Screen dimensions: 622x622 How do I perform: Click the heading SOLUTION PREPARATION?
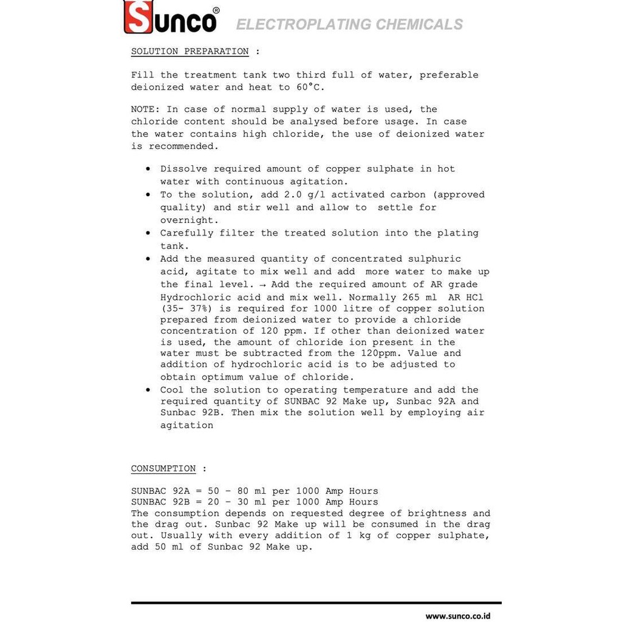click(x=190, y=52)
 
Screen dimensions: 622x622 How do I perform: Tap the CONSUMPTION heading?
click(x=163, y=469)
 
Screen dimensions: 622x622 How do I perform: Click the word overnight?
click(x=187, y=220)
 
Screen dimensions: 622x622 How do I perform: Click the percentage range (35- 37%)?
click(x=186, y=309)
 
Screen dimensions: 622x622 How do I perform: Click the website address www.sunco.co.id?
click(x=457, y=616)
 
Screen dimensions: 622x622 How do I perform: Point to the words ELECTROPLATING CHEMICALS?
click(x=349, y=25)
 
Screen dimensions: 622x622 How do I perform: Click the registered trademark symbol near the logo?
click(x=217, y=10)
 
